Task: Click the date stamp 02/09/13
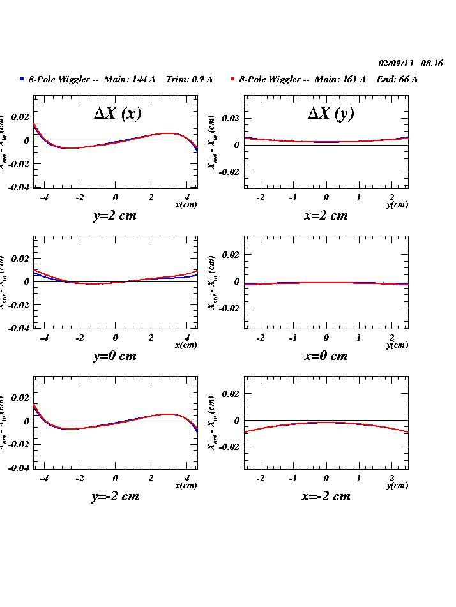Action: [396, 63]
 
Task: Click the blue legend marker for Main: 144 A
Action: [22, 79]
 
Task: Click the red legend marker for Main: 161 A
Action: [233, 79]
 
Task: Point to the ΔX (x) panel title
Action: [118, 113]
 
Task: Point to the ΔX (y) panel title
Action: [330, 113]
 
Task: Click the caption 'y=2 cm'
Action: [115, 216]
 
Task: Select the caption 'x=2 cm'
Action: [326, 216]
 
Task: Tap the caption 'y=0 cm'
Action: [115, 356]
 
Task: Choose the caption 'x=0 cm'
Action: [326, 356]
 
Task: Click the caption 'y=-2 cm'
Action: [115, 497]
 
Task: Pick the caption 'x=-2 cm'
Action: [326, 497]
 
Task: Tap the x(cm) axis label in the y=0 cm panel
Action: [186, 345]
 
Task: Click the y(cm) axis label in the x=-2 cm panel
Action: [397, 486]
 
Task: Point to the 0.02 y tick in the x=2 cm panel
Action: [231, 119]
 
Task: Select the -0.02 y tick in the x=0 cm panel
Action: [229, 308]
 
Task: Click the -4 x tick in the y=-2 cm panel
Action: [44, 477]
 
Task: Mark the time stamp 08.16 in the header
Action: [432, 63]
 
